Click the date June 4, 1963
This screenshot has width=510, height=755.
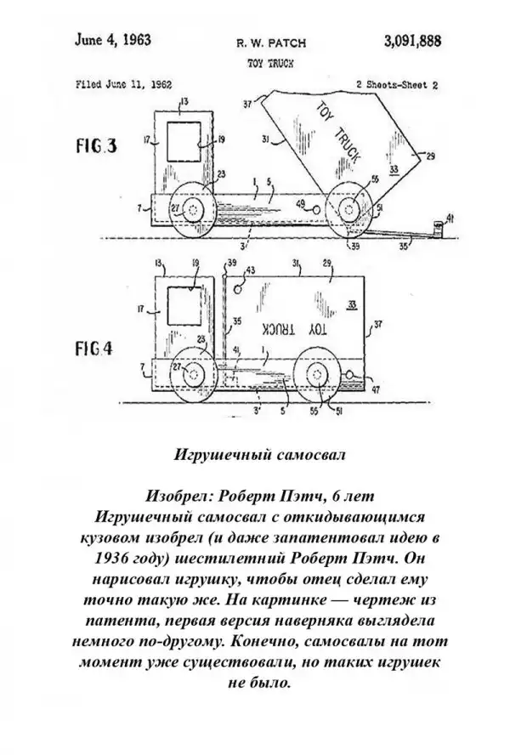(107, 39)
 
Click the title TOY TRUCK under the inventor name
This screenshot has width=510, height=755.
(263, 62)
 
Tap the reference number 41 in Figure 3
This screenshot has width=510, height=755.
(450, 219)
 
